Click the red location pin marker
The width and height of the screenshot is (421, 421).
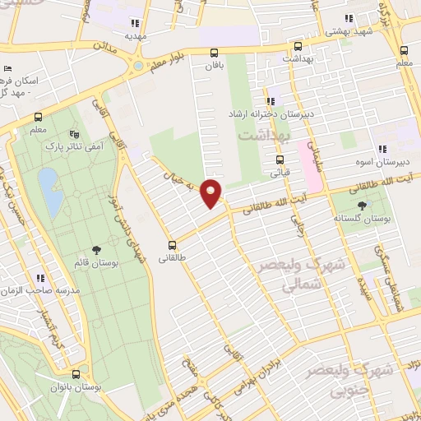(212, 193)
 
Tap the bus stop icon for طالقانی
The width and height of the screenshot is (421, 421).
(173, 244)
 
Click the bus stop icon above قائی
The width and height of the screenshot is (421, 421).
(280, 160)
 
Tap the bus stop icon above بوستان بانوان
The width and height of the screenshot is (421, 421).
(76, 372)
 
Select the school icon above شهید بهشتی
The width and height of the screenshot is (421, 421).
(348, 17)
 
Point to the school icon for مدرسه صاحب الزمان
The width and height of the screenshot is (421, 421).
(39, 279)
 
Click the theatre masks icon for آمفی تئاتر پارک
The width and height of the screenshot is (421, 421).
(75, 133)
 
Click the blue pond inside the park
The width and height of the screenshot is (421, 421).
(49, 192)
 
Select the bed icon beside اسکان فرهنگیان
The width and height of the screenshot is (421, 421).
(7, 68)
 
